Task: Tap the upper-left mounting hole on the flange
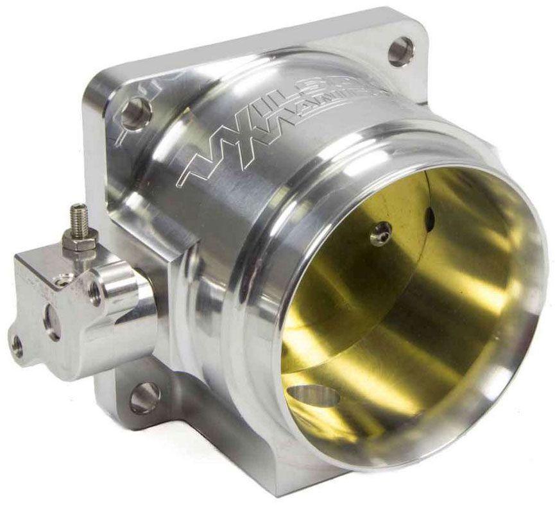(135, 114)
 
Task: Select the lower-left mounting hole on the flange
(144, 397)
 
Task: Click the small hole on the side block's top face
(63, 280)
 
